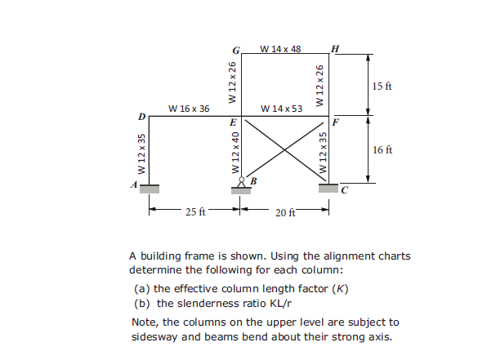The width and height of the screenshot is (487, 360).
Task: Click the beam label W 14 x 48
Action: [280, 48]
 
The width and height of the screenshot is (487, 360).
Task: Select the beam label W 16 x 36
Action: [189, 109]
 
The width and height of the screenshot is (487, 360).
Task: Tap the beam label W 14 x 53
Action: [281, 109]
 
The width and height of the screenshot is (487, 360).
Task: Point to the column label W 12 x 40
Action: [235, 153]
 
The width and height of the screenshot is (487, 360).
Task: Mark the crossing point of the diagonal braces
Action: [284, 149]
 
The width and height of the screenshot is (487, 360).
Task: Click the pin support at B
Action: [240, 185]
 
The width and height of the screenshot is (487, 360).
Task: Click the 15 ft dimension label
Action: [382, 87]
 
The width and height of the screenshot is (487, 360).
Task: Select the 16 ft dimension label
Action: [382, 150]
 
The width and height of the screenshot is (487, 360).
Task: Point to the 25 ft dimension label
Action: [195, 212]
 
